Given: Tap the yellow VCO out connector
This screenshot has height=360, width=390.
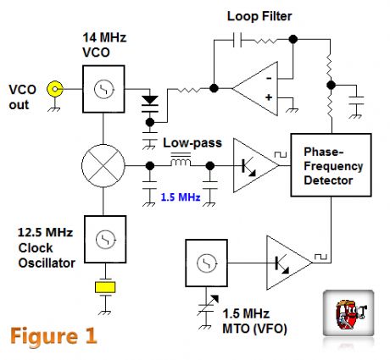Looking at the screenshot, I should [56, 88].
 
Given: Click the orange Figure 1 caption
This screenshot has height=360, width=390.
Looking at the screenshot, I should [53, 334].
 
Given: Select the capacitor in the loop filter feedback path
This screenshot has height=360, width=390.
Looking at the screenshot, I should [237, 39].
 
